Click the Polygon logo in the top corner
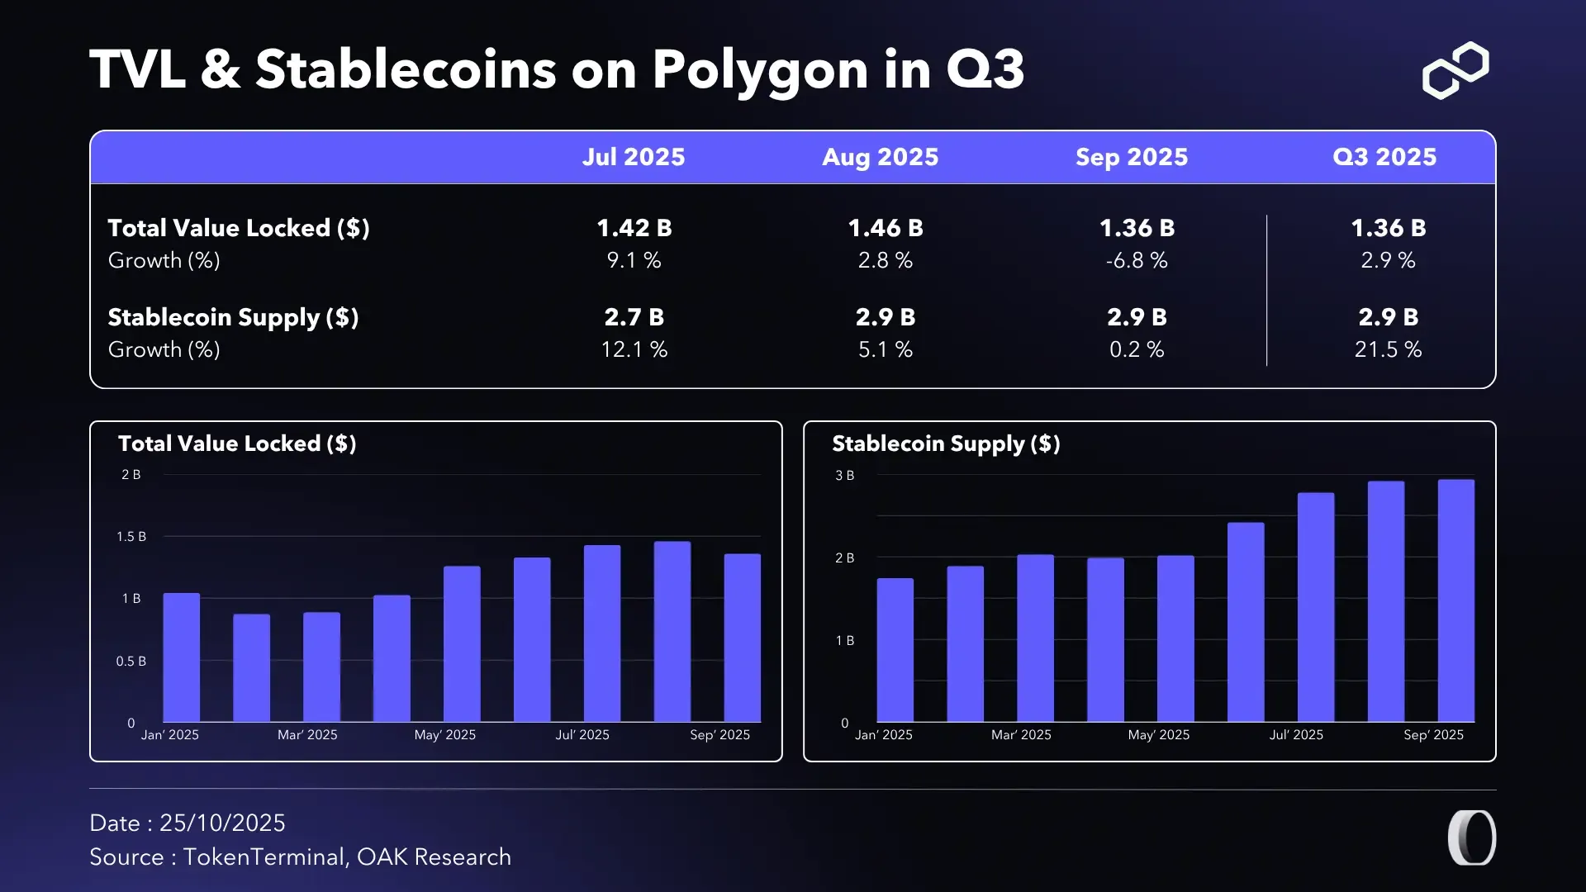pos(1455,70)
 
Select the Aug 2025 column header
pos(880,157)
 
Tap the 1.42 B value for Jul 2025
pos(634,228)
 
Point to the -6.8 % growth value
pos(1137,261)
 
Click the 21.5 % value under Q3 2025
pos(1388,349)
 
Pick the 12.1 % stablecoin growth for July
pos(634,349)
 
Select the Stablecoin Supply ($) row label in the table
pos(233,317)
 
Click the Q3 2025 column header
pos(1384,157)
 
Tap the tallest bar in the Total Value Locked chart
pos(672,632)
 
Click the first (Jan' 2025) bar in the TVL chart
pos(182,657)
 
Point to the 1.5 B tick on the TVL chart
pos(131,537)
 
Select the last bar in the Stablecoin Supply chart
pos(1455,600)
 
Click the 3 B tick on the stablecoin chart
pos(844,476)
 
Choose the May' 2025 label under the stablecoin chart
pos(1158,735)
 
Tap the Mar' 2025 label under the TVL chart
pos(307,735)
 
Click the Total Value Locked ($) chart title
pos(237,444)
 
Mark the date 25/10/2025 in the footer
pos(222,823)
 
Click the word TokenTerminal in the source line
pos(264,856)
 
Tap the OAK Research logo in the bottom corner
pos(1471,837)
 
